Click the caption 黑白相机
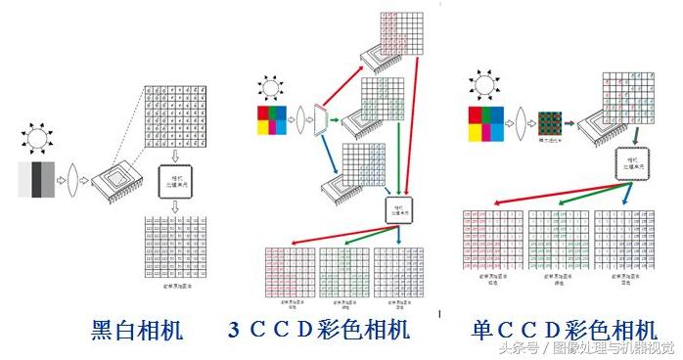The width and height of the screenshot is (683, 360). (136, 330)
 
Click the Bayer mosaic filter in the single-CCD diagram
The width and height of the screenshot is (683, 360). (549, 124)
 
